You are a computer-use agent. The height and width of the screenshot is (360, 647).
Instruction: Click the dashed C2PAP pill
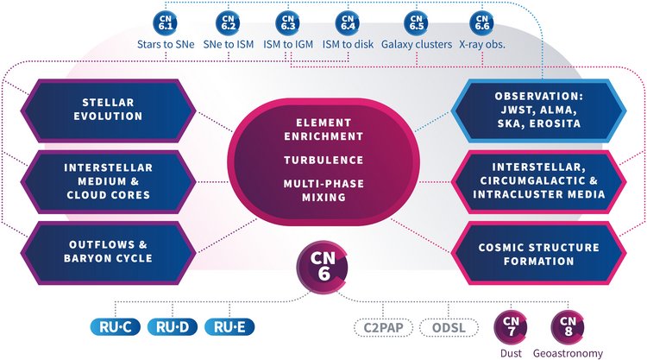pos(382,328)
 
